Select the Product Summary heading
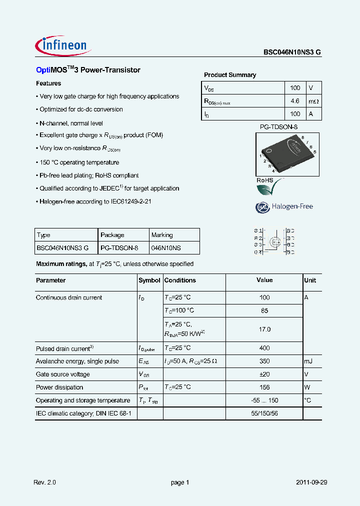pos(230,75)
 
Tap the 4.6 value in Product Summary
pos(295,101)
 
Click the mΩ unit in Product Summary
pos(313,101)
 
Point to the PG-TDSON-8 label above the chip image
pos(278,127)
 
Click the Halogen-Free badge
pos(284,206)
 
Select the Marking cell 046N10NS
pos(166,247)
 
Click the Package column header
pos(112,235)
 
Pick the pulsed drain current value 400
pos(264,348)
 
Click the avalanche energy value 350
pos(264,361)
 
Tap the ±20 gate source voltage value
pos(264,374)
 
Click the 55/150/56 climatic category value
pos(264,414)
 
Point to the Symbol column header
pos(149,280)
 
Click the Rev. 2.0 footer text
pos(45,482)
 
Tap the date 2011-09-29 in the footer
pos(311,482)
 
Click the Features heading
pos(48,83)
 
